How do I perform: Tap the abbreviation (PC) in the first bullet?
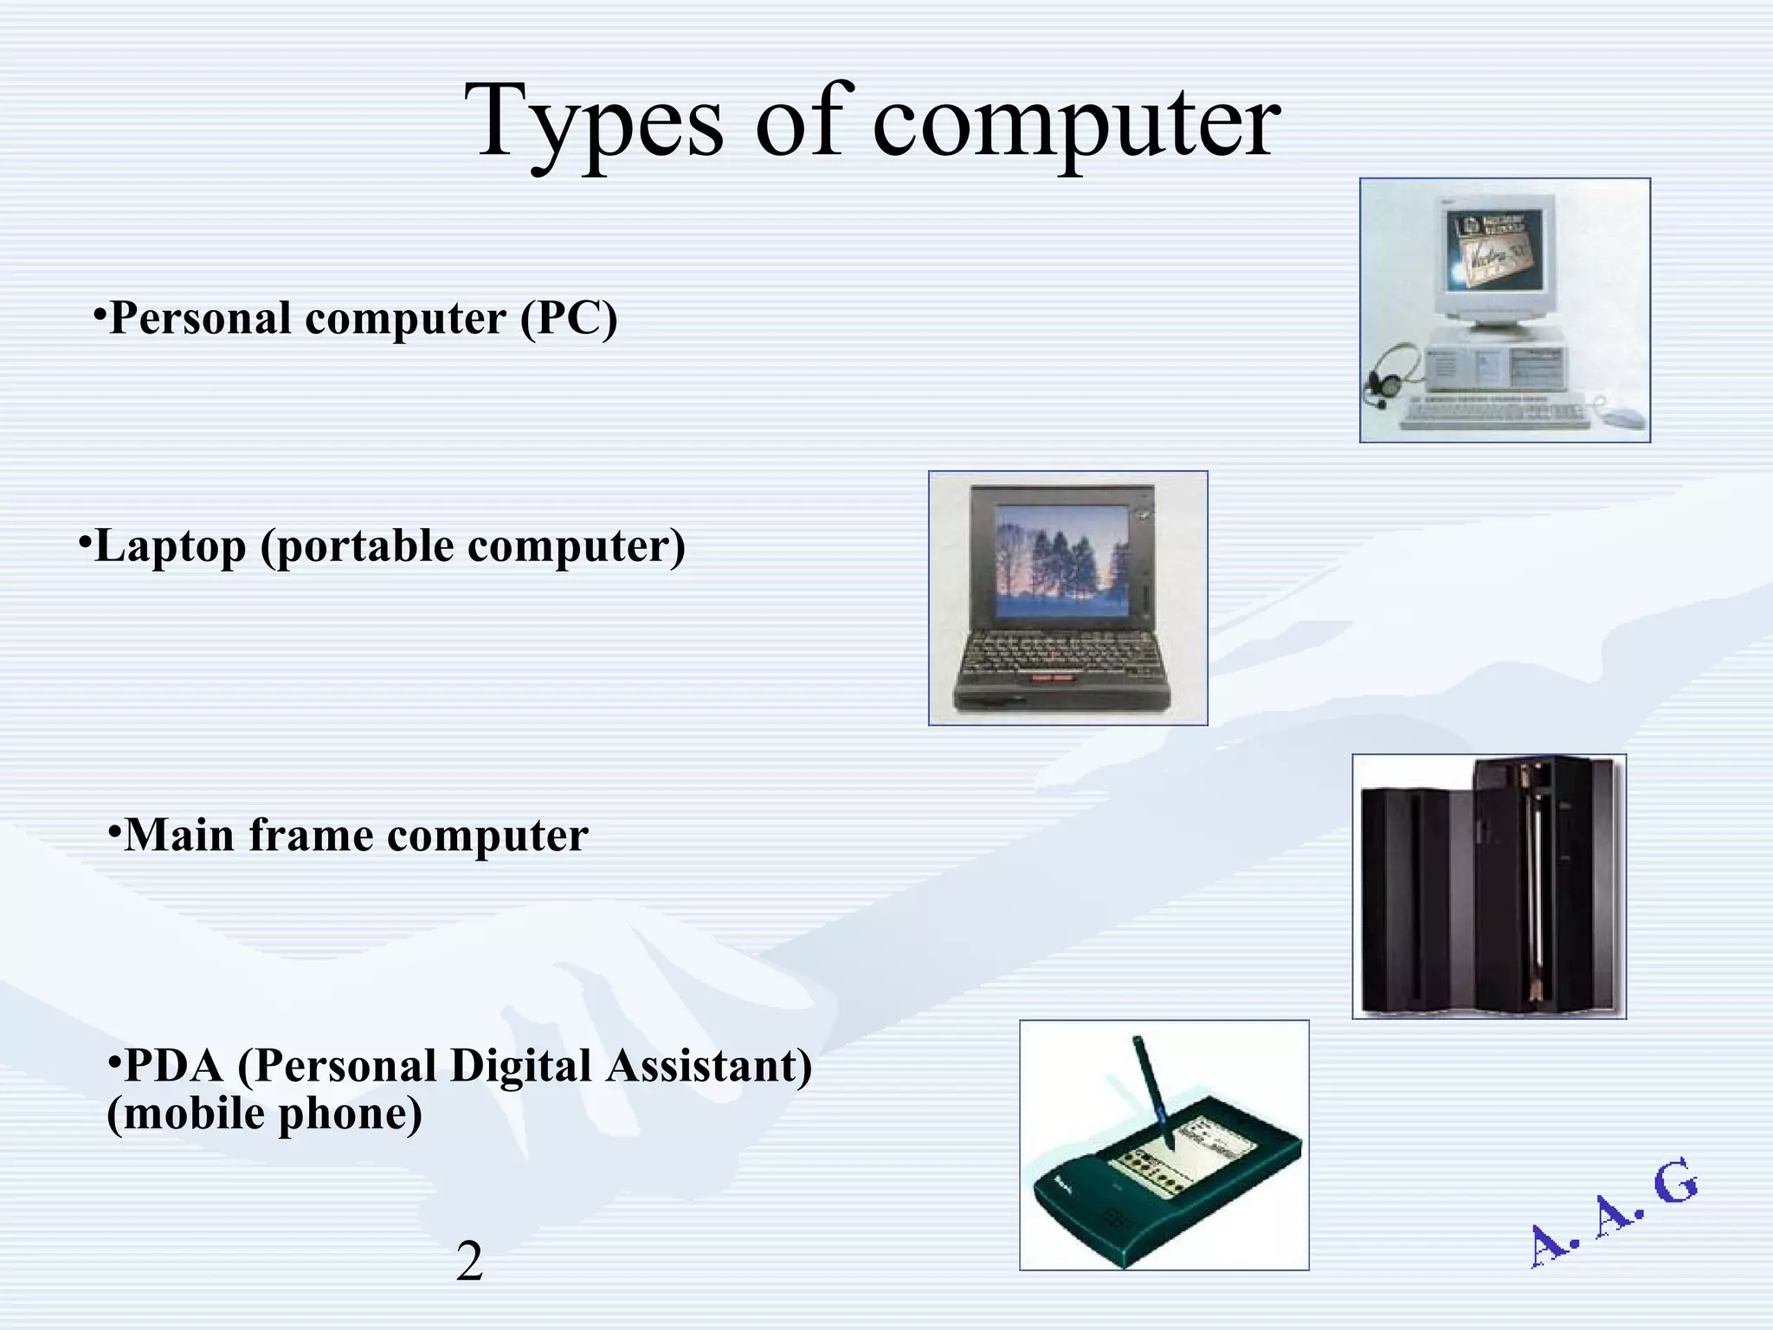(x=569, y=318)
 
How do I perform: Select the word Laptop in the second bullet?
(x=171, y=546)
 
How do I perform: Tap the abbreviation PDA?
(x=174, y=1065)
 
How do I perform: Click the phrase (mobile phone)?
(x=264, y=1114)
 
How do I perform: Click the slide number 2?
(x=469, y=1261)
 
